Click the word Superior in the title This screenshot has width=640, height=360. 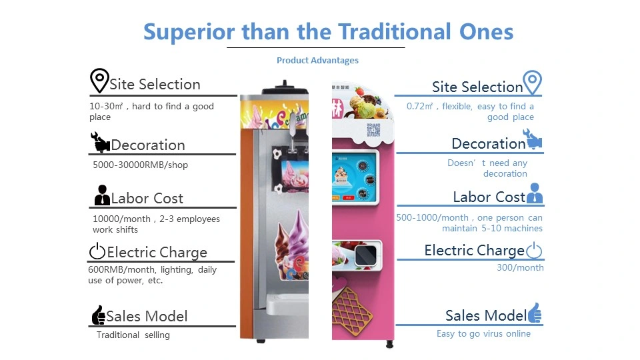(x=189, y=32)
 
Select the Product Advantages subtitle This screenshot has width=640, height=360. (x=317, y=61)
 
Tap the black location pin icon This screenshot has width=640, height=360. (x=99, y=81)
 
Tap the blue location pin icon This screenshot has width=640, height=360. (x=532, y=83)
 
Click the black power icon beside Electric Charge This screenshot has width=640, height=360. (x=97, y=251)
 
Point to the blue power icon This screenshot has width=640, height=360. (x=534, y=250)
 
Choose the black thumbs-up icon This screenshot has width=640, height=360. (x=99, y=315)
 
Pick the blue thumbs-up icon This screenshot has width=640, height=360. (x=535, y=313)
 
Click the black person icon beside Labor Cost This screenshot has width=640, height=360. (x=102, y=195)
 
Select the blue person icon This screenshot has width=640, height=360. (x=535, y=193)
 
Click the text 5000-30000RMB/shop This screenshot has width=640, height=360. (x=141, y=165)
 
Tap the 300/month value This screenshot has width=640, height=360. (x=520, y=268)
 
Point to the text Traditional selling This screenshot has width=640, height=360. (x=133, y=335)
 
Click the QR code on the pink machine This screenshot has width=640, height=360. (x=373, y=130)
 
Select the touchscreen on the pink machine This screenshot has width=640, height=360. (x=354, y=177)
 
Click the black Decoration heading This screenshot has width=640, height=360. (x=148, y=145)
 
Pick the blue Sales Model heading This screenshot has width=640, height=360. (x=486, y=315)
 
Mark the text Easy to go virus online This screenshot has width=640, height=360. (x=484, y=334)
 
